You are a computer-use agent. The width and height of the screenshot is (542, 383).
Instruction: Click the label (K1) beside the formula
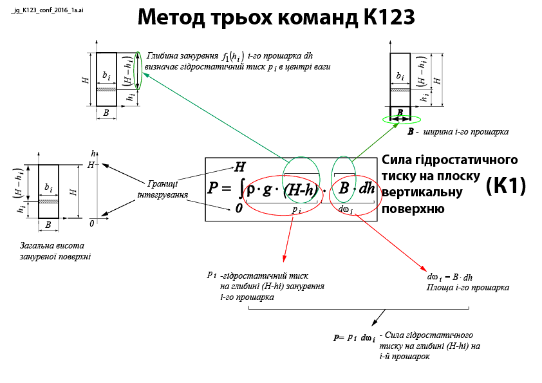point(505,186)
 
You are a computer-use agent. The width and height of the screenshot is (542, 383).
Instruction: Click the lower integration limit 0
point(238,209)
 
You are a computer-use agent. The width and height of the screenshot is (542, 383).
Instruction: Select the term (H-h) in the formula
point(300,189)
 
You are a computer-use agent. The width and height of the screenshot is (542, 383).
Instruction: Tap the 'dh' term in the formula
point(367,189)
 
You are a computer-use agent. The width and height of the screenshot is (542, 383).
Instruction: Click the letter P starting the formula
point(214,189)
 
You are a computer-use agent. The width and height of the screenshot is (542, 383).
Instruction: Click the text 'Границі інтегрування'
point(163,188)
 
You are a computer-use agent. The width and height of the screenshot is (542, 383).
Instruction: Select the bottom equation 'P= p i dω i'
point(354,337)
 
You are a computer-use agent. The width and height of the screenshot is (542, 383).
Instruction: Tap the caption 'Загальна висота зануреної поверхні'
point(55,250)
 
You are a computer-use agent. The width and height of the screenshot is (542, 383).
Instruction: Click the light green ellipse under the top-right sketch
point(400,119)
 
